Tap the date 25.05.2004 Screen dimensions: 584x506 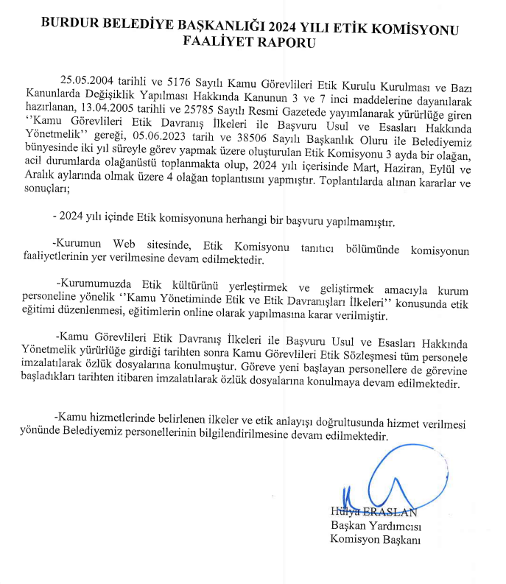86,80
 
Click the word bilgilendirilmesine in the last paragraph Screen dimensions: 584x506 234,436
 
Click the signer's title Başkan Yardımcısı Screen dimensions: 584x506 374,527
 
